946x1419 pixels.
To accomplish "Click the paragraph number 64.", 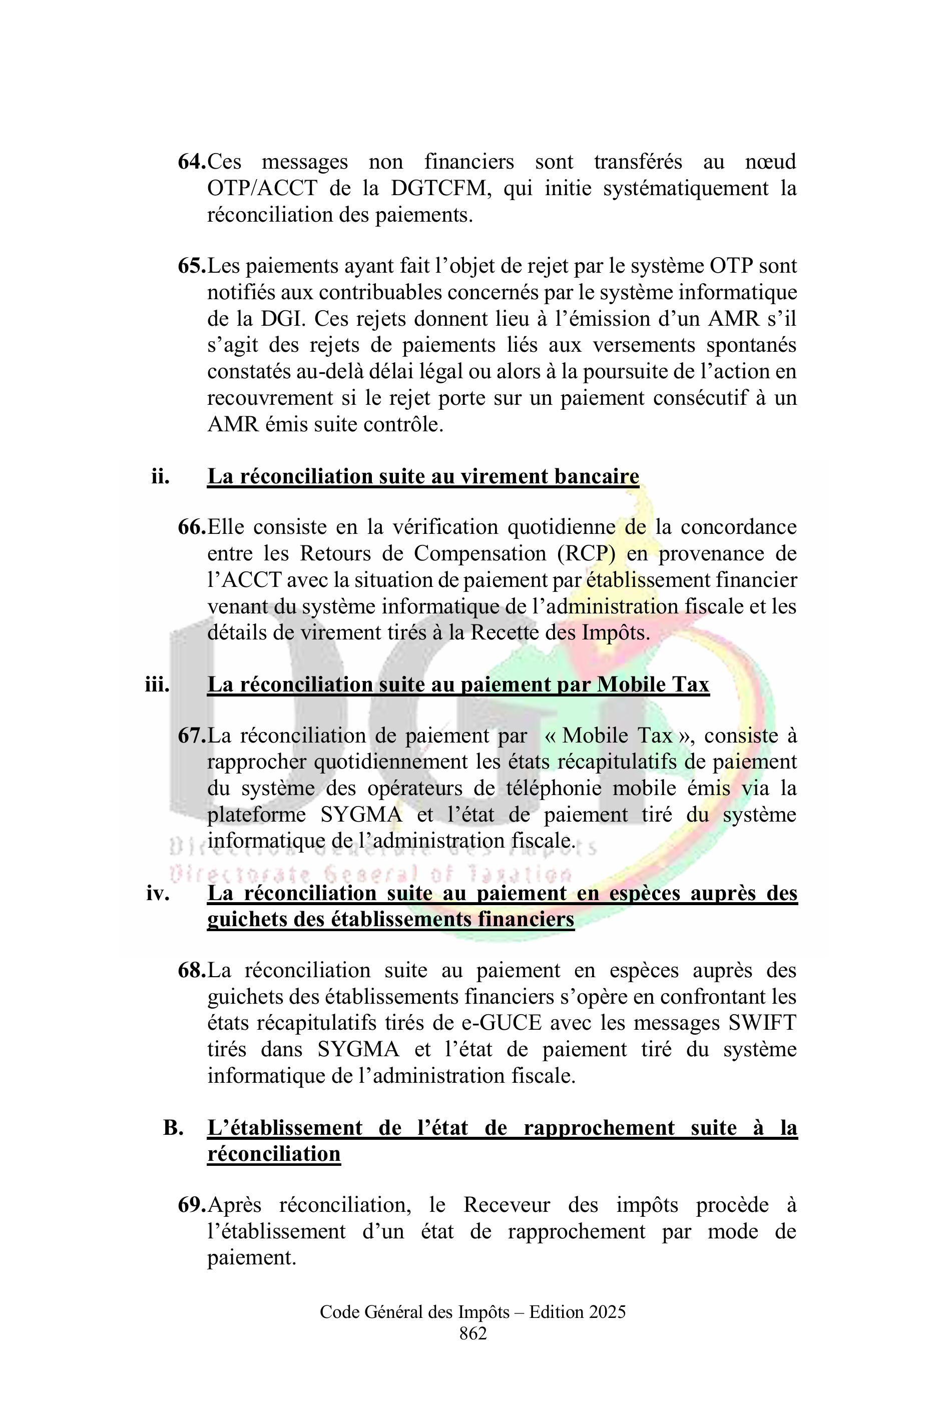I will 192,162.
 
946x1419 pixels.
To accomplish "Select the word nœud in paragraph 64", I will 770,162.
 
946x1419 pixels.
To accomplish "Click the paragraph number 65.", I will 192,266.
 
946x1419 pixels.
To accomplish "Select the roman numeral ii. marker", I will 161,476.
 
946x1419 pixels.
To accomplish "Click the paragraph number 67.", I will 192,736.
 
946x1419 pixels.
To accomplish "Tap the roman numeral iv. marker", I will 158,893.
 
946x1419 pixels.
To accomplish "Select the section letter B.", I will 173,1127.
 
